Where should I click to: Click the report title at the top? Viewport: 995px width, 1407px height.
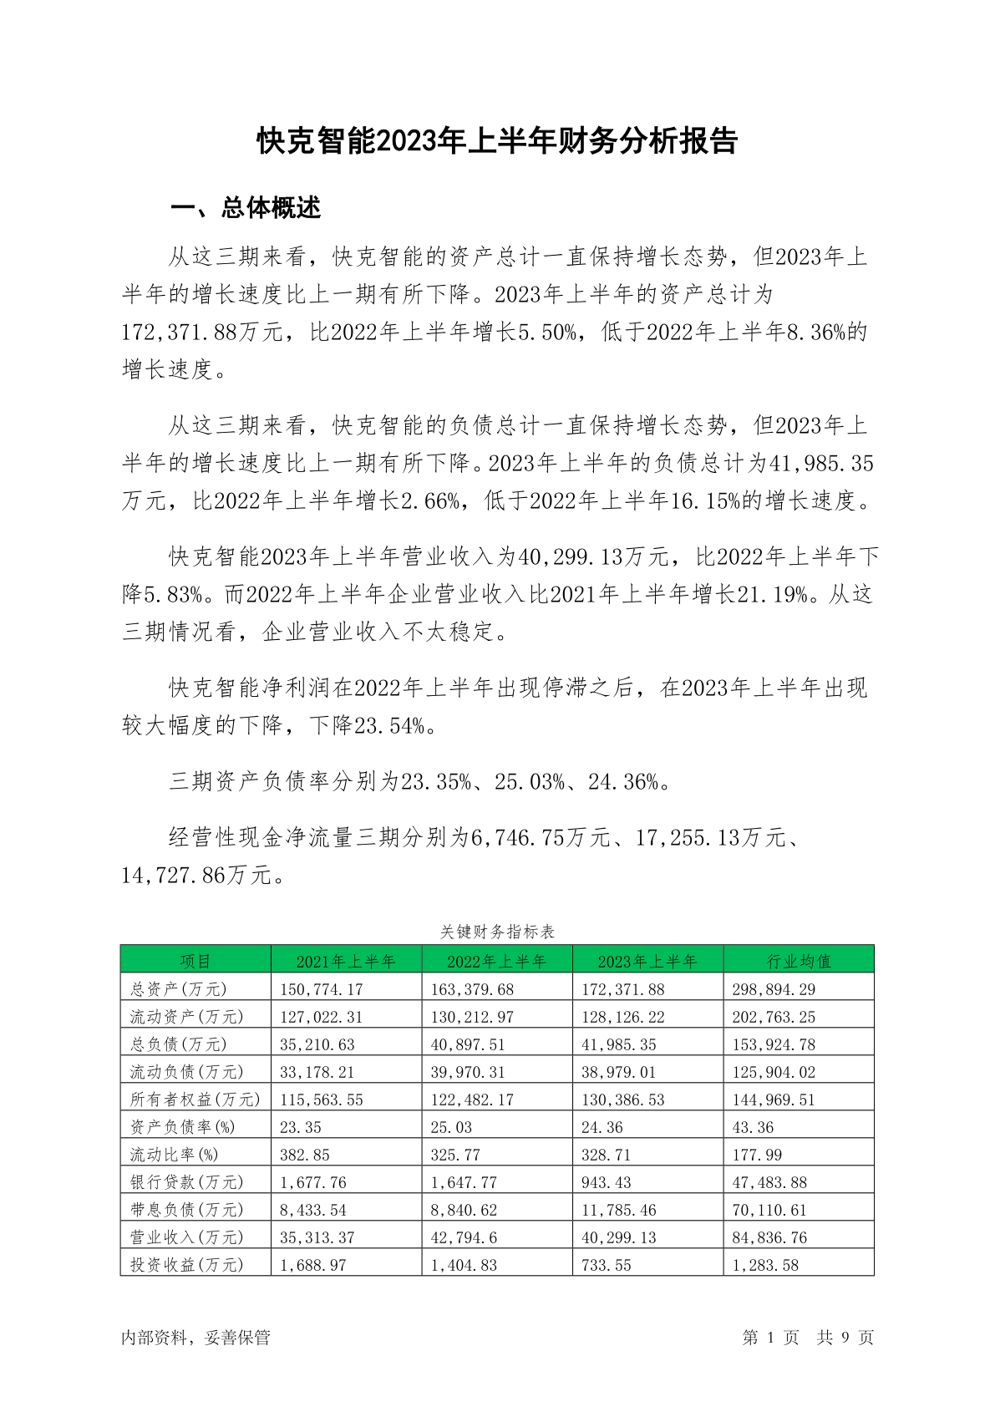point(497,141)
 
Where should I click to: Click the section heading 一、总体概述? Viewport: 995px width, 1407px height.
point(246,208)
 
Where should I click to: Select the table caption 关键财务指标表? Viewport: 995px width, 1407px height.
point(497,931)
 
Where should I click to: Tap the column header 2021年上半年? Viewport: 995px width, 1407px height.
point(346,961)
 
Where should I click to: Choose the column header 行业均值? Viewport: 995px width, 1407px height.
point(799,961)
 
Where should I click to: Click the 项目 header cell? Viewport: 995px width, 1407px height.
point(195,961)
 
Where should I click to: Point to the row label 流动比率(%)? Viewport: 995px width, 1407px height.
point(174,1155)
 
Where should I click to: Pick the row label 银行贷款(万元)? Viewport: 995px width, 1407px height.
point(186,1182)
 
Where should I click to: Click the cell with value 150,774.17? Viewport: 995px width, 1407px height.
point(322,989)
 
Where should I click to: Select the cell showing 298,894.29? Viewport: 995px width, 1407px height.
point(774,989)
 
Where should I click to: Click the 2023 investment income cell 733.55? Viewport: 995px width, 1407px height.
point(607,1265)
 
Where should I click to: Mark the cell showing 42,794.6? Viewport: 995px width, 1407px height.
point(464,1237)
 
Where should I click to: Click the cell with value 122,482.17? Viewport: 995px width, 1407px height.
point(472,1100)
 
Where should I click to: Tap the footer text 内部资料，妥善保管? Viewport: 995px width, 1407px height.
point(195,1338)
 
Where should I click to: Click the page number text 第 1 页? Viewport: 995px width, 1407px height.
point(770,1338)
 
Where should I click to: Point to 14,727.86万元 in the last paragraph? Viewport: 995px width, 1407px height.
point(197,876)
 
